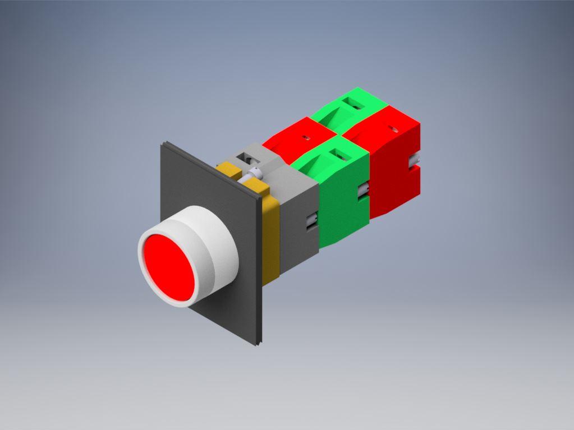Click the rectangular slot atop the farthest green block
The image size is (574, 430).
click(353, 103)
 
